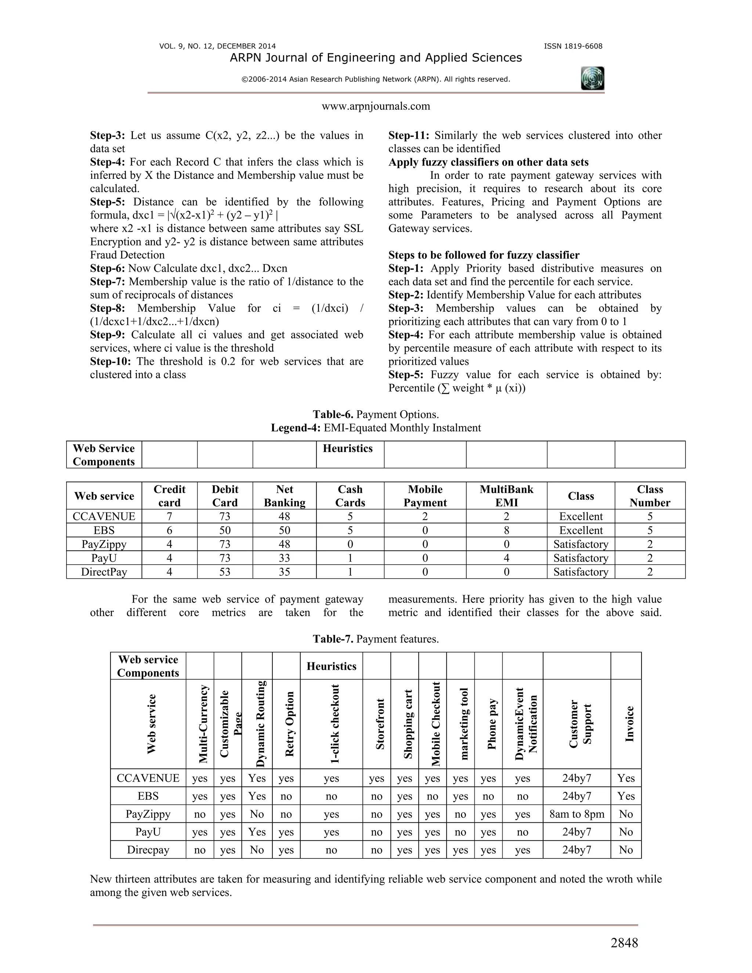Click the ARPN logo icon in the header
tap(593, 79)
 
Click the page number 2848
tap(624, 943)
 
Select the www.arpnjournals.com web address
tap(376, 106)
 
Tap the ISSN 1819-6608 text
tap(573, 46)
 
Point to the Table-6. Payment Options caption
tap(376, 414)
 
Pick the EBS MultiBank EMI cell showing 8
tap(506, 530)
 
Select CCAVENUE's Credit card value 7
tap(169, 516)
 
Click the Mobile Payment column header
tap(425, 496)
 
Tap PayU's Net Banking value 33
tap(284, 558)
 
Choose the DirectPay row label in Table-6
tap(104, 572)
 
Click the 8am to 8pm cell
tap(576, 814)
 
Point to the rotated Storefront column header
tap(380, 724)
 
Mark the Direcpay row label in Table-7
tap(148, 850)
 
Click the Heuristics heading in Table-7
tap(332, 666)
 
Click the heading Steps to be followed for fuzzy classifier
tap(484, 255)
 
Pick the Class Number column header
tap(650, 496)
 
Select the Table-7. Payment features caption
tap(376, 639)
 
